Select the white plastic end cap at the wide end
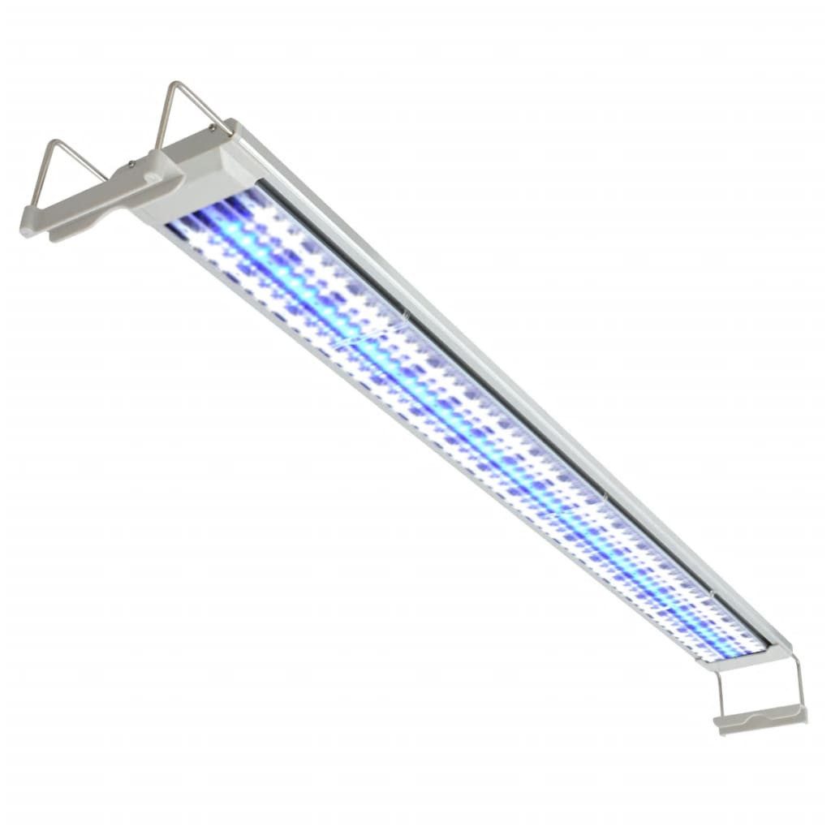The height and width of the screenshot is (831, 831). pos(195,174)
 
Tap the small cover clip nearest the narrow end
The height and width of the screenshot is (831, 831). pos(711,596)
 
